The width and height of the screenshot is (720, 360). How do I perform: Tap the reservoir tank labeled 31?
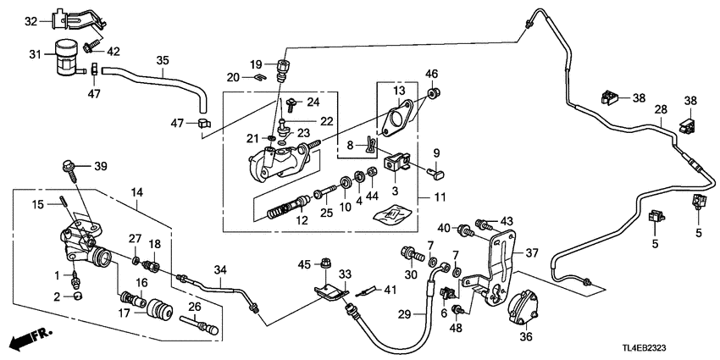pos(64,57)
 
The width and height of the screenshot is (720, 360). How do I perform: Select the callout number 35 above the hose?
pos(163,60)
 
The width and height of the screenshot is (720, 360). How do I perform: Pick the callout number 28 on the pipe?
pos(662,108)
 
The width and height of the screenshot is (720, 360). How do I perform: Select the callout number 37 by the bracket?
pos(531,252)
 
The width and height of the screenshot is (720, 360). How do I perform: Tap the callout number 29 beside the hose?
pos(405,315)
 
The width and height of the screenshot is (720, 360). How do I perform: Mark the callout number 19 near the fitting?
pos(257,64)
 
